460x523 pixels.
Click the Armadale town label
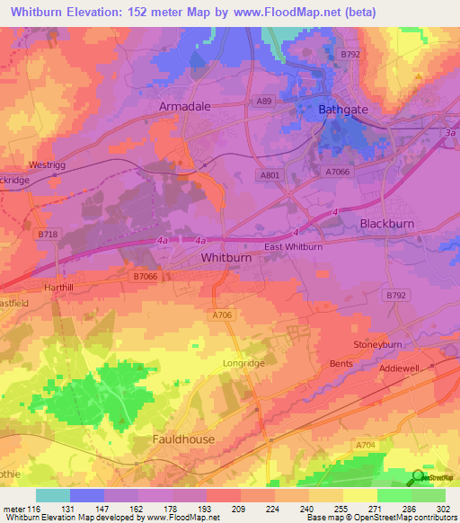click(x=184, y=106)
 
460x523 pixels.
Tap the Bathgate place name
click(x=343, y=110)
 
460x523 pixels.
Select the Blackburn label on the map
click(x=390, y=223)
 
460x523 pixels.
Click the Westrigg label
click(x=47, y=165)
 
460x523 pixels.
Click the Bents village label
click(x=341, y=363)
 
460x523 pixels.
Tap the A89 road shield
click(x=264, y=102)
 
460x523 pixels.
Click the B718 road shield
click(x=49, y=234)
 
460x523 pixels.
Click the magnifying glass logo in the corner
click(x=419, y=478)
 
